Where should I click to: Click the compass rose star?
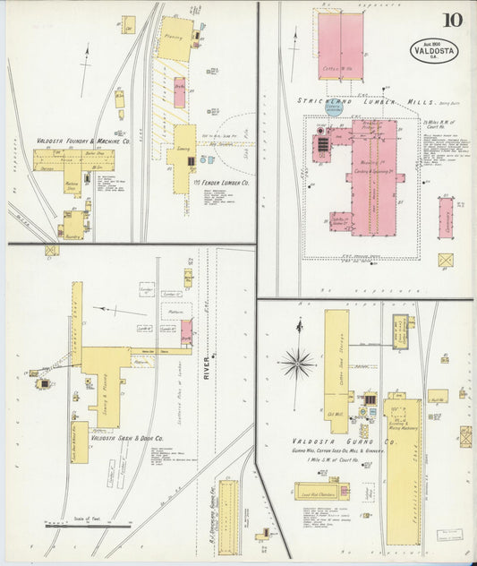(x=297, y=363)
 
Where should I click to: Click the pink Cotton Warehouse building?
(x=340, y=45)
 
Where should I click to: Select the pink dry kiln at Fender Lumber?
(x=179, y=92)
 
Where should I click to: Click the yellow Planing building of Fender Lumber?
(x=175, y=39)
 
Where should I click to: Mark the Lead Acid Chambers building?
(x=321, y=491)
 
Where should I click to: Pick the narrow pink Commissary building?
(x=445, y=217)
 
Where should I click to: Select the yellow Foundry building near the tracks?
(x=73, y=226)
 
